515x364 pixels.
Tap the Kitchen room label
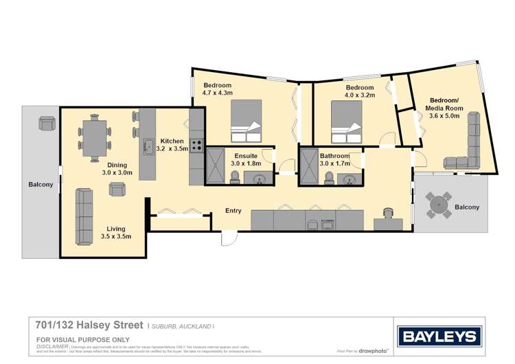pyautogui.click(x=172, y=141)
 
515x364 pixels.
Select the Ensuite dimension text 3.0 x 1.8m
pyautogui.click(x=247, y=163)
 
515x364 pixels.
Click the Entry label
pyautogui.click(x=233, y=210)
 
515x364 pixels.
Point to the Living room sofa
pyautogui.click(x=84, y=216)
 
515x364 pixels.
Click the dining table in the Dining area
pyautogui.click(x=93, y=137)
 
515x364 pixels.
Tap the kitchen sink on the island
pyautogui.click(x=148, y=146)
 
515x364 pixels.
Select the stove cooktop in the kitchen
pyautogui.click(x=196, y=146)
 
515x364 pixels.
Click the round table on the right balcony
pyautogui.click(x=439, y=205)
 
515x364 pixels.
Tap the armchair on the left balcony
pyautogui.click(x=47, y=123)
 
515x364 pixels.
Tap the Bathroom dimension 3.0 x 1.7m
pyautogui.click(x=335, y=163)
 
